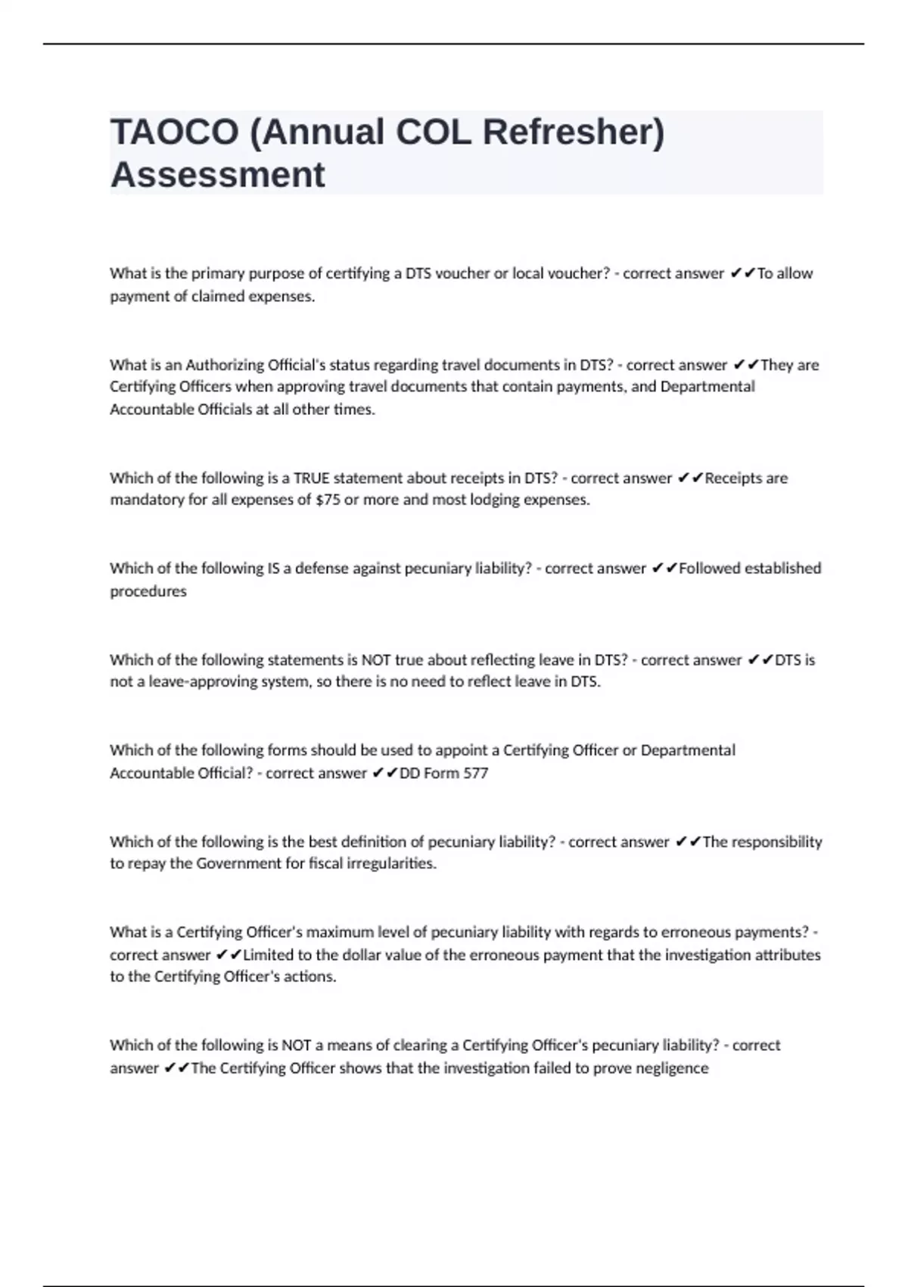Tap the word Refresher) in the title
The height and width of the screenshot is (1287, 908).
(574, 132)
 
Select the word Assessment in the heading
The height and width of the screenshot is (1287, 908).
(218, 175)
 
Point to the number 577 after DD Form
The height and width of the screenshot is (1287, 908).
(476, 773)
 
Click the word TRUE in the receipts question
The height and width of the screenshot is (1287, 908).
(312, 478)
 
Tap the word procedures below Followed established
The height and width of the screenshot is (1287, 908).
(148, 591)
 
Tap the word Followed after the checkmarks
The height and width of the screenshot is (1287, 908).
(708, 569)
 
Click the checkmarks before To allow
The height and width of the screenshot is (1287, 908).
(743, 273)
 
